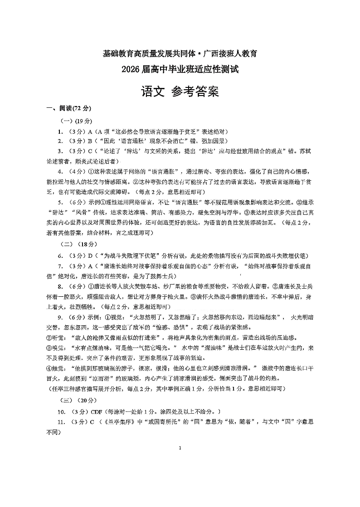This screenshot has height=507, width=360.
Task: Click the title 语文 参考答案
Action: click(180, 92)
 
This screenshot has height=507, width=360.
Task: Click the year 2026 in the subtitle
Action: click(132, 70)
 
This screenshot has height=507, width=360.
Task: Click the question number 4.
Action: click(60, 171)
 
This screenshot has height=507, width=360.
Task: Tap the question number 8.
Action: click(60, 286)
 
